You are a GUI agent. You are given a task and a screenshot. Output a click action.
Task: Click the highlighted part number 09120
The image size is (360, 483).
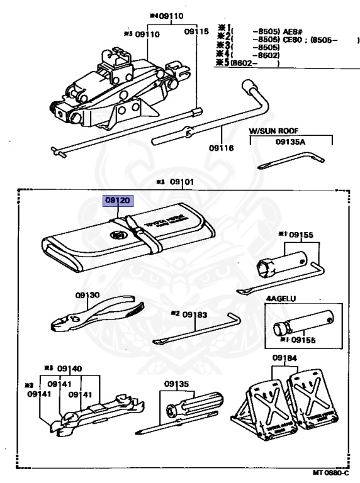click(x=118, y=201)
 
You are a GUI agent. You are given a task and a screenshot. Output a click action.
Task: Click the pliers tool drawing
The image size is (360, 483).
click(x=94, y=314)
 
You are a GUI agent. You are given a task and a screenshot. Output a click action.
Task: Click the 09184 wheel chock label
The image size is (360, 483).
click(x=284, y=358)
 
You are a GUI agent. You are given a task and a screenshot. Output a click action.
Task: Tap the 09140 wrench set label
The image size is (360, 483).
click(x=69, y=369)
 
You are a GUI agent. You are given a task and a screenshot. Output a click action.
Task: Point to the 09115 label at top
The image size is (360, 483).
click(x=196, y=31)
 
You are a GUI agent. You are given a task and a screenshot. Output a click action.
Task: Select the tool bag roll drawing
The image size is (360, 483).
click(x=126, y=239)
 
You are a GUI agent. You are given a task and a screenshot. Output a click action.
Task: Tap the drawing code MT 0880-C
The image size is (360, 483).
click(x=333, y=472)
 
